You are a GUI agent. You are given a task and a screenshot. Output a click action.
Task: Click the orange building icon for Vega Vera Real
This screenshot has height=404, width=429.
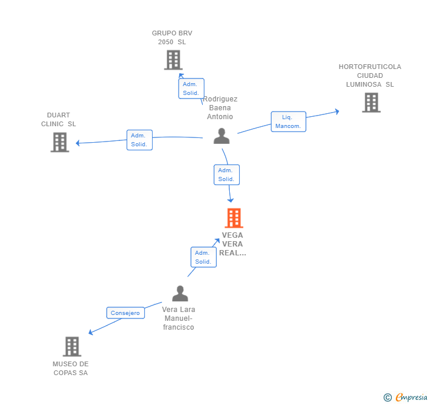point(234,218)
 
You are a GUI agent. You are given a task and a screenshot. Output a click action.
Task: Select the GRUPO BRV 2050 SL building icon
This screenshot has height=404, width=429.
point(173,60)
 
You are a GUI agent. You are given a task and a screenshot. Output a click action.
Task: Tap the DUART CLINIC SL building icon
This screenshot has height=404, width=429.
point(60,142)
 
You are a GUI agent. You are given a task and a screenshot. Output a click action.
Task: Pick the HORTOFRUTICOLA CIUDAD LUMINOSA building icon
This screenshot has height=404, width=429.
point(371,102)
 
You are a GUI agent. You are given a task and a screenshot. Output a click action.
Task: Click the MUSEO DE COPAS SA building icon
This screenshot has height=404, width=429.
point(71,346)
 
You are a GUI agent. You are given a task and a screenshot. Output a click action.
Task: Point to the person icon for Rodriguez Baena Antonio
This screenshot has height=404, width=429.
point(222,136)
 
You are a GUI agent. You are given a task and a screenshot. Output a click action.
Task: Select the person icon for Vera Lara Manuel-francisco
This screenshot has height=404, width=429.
point(180,293)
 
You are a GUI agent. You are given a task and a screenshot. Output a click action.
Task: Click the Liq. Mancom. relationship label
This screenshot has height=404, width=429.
point(288,121)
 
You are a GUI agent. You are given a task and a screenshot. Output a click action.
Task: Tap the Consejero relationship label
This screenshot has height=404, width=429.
point(126,313)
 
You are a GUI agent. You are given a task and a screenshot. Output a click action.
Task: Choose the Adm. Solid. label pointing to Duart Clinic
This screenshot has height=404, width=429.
point(139,140)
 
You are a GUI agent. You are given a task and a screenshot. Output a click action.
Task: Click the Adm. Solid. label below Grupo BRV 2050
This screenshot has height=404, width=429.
point(191,88)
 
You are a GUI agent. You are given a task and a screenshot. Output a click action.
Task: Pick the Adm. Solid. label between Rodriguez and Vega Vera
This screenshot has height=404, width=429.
point(226,175)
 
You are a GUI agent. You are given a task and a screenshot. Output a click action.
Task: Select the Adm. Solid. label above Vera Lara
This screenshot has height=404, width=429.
point(203,257)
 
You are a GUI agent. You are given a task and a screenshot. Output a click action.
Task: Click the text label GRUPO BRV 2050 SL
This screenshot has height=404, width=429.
point(172,38)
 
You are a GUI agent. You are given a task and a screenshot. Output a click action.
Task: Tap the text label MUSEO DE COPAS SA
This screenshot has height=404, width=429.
point(71,368)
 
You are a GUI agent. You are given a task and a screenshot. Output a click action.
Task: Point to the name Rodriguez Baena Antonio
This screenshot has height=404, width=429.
point(220,108)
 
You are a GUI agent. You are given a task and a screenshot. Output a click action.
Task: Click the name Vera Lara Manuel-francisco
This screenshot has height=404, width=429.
point(179,318)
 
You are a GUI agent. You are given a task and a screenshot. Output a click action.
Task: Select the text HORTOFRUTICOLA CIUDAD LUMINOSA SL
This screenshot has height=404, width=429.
point(370,75)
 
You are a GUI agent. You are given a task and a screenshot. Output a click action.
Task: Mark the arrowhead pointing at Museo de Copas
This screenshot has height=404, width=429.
point(91,333)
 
